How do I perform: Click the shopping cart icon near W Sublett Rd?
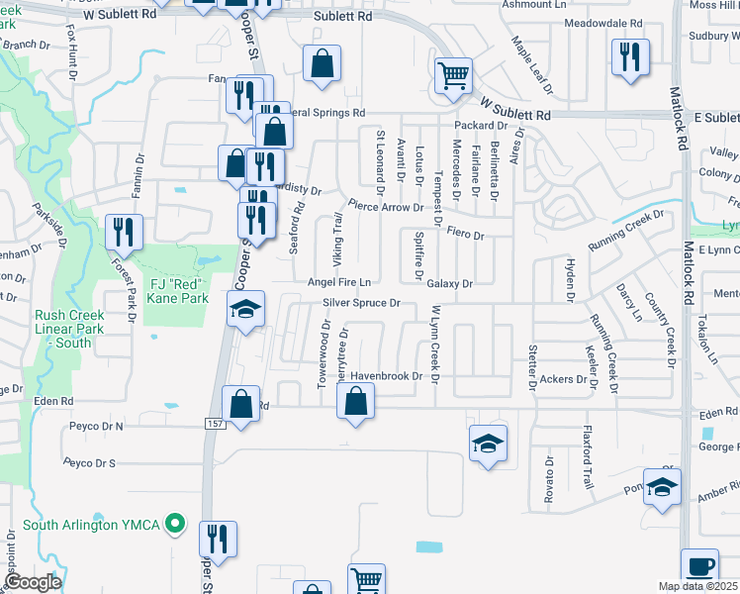point(452,73)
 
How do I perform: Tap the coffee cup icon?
point(700,566)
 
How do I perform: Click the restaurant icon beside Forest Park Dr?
point(124,232)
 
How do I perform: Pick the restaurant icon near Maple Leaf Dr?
point(629,56)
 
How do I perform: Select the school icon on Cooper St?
point(244,308)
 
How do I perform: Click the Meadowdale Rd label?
point(601,23)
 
